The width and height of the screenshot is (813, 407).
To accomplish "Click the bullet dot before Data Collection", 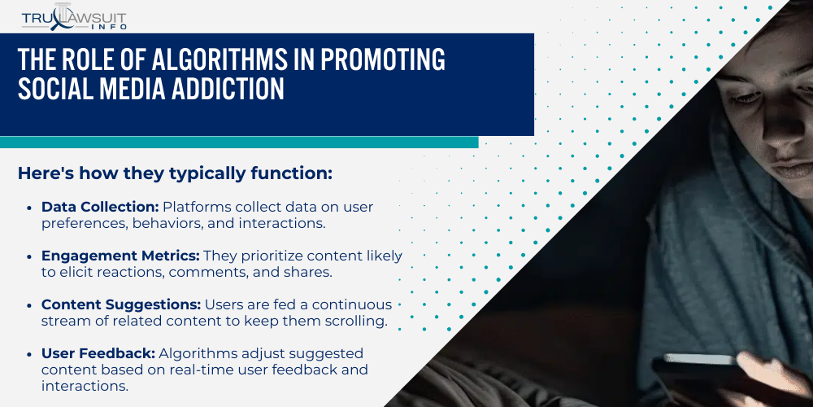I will (x=30, y=208).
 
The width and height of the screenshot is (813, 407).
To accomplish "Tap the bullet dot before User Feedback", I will (x=30, y=354).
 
